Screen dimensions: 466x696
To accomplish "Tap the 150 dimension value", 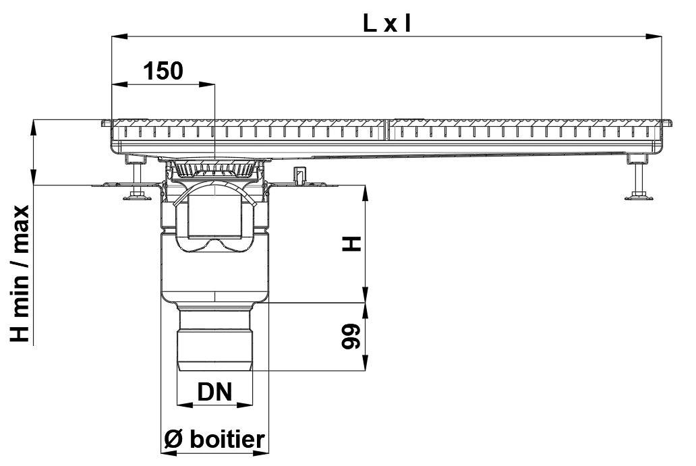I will pyautogui.click(x=163, y=70).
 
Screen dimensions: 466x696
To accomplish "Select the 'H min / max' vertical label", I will pyautogui.click(x=21, y=273).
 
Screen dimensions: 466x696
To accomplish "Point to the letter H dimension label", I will pyautogui.click(x=352, y=244).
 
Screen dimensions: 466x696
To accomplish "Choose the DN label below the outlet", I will pyautogui.click(x=214, y=391).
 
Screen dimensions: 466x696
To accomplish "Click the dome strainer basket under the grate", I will pyautogui.click(x=214, y=168).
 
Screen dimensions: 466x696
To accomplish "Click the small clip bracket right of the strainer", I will pyautogui.click(x=297, y=177).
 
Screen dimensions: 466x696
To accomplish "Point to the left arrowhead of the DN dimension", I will pyautogui.click(x=181, y=405).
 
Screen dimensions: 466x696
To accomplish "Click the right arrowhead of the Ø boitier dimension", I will pyautogui.click(x=264, y=453).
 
